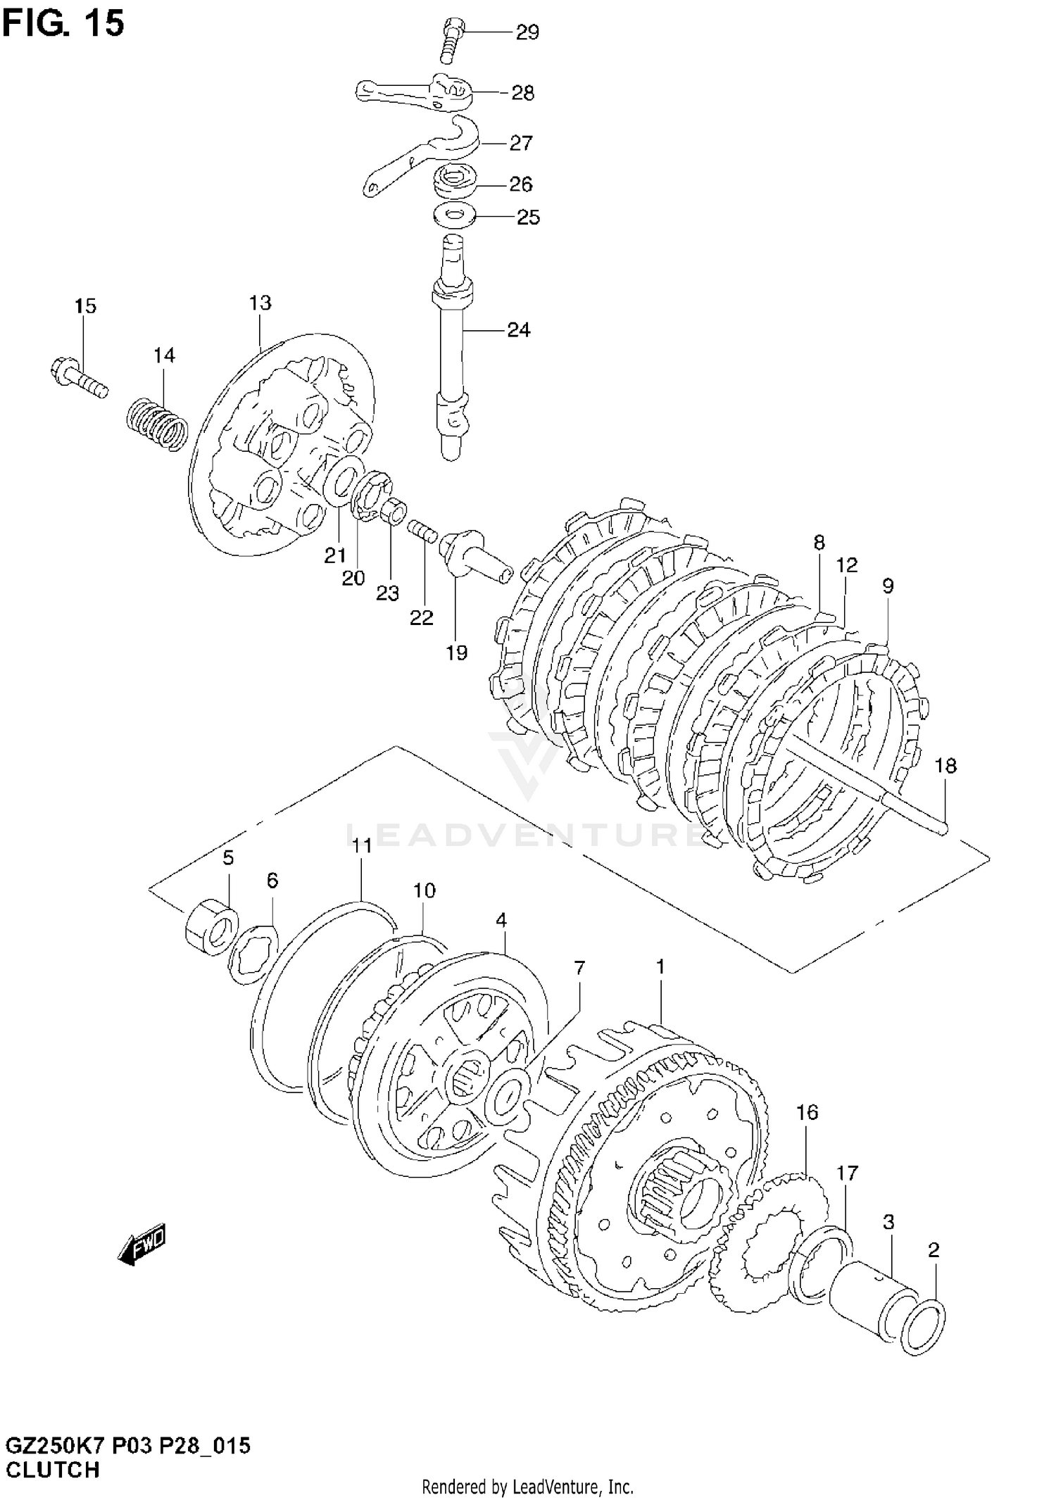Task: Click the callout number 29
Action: [x=527, y=32]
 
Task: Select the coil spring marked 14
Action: [x=157, y=423]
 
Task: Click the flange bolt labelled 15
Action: [x=80, y=378]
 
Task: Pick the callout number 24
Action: [x=519, y=329]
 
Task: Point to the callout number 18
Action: [x=945, y=766]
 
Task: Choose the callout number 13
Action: [x=260, y=303]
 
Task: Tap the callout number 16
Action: [x=807, y=1112]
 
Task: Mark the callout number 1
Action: [x=660, y=967]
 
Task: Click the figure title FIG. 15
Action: [x=63, y=23]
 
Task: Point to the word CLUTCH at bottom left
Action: [x=53, y=1470]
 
